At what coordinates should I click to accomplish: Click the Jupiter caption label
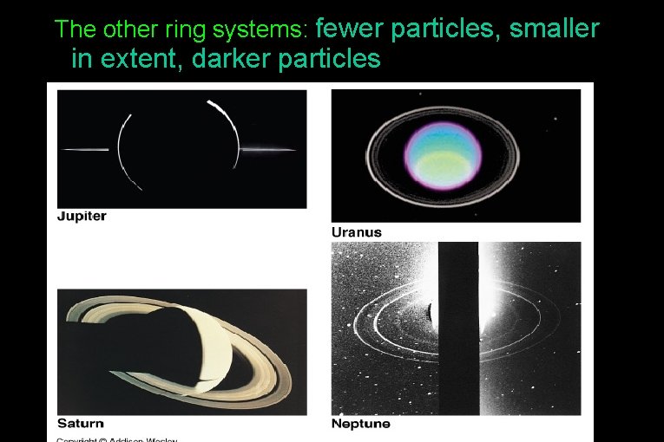[82, 217]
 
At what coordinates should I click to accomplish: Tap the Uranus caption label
[357, 232]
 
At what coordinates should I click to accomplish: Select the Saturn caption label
[80, 424]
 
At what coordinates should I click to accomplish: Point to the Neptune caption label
[361, 424]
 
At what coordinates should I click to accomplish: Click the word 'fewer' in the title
[351, 29]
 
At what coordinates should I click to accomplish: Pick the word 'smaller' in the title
[555, 29]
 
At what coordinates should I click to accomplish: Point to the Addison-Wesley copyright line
[117, 439]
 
